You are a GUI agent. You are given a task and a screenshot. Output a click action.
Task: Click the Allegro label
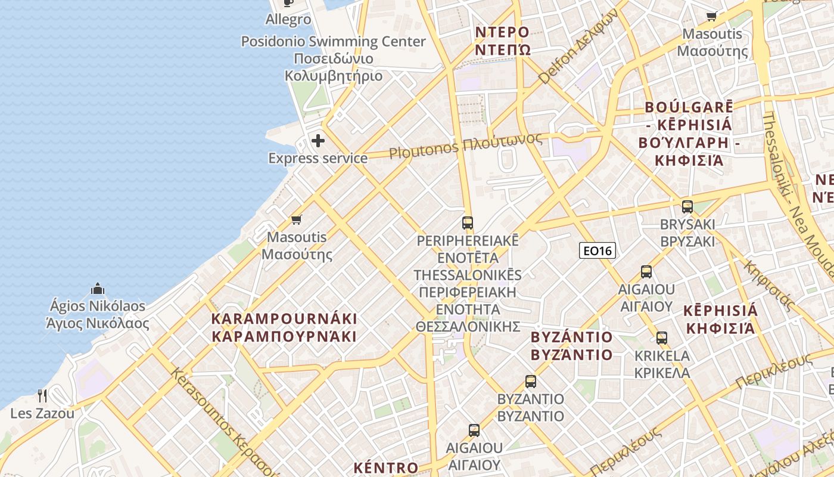click(x=288, y=20)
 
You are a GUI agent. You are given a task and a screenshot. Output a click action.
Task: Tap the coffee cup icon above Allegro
click(x=288, y=2)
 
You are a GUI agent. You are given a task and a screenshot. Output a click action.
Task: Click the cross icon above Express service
click(x=318, y=141)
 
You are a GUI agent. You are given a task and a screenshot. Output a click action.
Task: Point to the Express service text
click(x=318, y=158)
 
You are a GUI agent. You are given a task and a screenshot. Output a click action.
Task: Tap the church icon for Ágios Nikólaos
click(x=98, y=289)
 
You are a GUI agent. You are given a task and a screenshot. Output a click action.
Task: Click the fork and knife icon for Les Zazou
click(x=42, y=395)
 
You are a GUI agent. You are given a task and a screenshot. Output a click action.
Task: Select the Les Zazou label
click(x=42, y=413)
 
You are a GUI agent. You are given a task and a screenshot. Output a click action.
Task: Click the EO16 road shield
click(x=598, y=251)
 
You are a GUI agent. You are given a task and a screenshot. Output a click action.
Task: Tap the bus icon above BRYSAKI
click(x=687, y=207)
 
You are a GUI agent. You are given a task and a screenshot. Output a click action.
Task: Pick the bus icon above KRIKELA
click(x=661, y=338)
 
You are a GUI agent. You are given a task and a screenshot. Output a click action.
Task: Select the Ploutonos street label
click(x=465, y=145)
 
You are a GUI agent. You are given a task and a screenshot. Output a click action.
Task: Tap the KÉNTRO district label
click(x=385, y=468)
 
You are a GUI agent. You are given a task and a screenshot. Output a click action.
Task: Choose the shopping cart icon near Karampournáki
click(x=297, y=219)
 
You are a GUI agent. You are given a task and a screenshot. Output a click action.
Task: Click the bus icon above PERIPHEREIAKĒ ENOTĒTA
click(x=468, y=223)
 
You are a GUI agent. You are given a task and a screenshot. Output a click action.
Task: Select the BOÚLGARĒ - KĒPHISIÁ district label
click(x=684, y=134)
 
